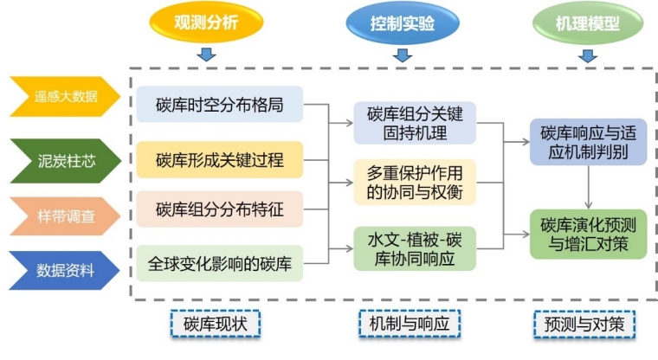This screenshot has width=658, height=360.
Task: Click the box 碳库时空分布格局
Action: tap(219, 105)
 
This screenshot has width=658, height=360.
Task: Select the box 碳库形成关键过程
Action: tap(219, 159)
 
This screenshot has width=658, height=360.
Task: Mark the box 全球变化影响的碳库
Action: tap(219, 262)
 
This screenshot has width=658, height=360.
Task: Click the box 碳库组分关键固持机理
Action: tap(415, 123)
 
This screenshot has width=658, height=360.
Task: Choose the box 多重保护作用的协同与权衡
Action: tap(415, 182)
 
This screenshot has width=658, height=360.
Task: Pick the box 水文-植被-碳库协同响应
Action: tap(415, 247)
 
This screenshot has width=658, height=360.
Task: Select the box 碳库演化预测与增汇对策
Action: tap(588, 233)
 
